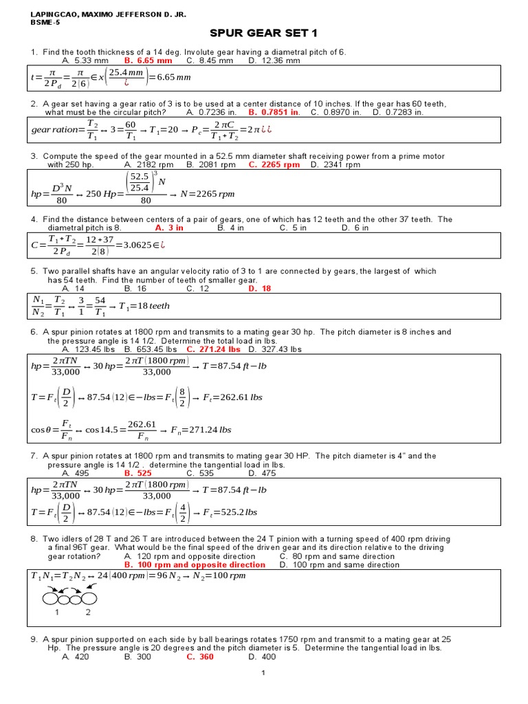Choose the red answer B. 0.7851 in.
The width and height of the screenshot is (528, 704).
tap(274, 112)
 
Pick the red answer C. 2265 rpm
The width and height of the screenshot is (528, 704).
tap(274, 164)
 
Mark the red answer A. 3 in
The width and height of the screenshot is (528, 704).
tap(169, 228)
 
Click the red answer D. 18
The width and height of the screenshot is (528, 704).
tap(259, 289)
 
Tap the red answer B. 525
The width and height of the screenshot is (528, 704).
tap(137, 473)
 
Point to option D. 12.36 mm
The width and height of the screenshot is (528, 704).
tap(274, 60)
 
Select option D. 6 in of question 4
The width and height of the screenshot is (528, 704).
tap(355, 228)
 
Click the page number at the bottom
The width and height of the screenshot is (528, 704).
tap(263, 692)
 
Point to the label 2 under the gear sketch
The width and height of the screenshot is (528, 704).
tap(87, 611)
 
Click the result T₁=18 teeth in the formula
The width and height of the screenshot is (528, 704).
tap(144, 306)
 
